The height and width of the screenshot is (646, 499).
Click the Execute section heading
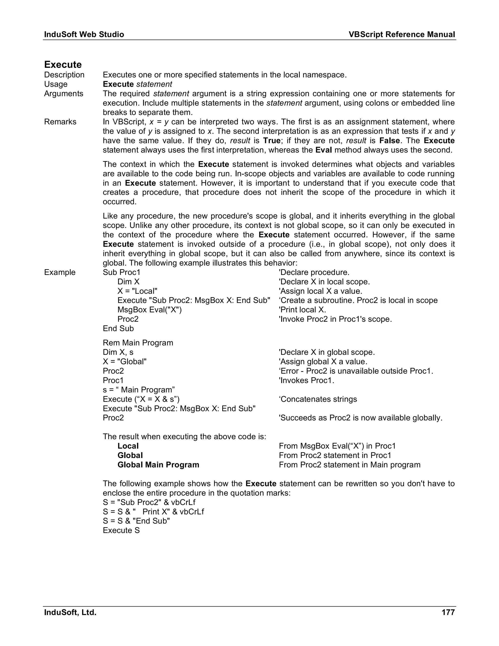(63, 65)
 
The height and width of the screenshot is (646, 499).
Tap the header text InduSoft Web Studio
(84, 35)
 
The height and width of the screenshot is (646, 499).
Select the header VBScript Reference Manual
(402, 35)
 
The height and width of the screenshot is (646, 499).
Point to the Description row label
(64, 75)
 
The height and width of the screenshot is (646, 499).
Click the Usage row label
(56, 84)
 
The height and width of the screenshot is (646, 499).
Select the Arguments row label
(64, 94)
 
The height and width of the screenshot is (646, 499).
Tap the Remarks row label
(60, 122)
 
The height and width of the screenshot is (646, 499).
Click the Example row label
(60, 273)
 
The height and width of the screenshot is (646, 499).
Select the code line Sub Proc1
(122, 273)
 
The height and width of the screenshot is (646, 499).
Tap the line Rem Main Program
(138, 343)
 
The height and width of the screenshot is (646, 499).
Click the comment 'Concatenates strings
(318, 399)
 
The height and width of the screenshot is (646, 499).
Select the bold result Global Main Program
(158, 465)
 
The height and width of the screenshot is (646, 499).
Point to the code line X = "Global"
(125, 362)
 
